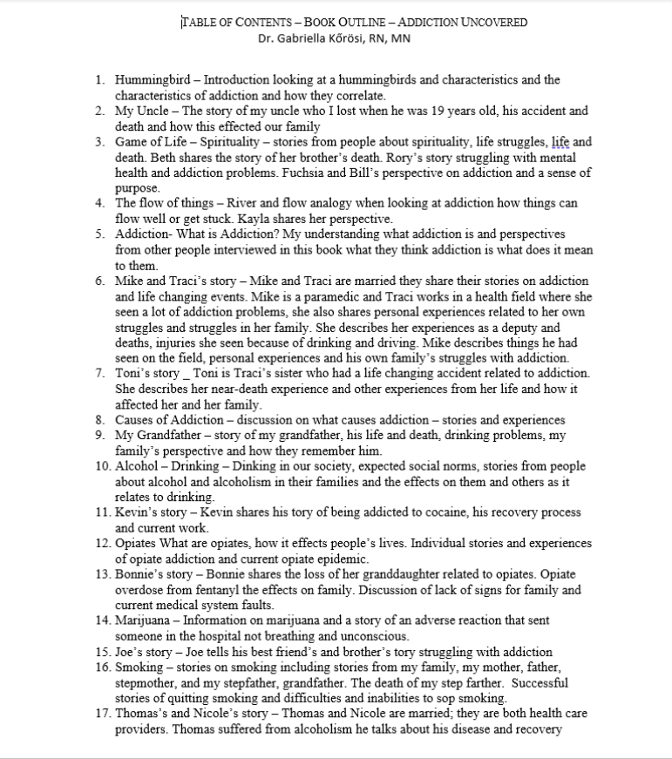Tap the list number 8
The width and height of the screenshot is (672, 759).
click(x=100, y=420)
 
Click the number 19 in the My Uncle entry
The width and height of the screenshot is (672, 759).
click(x=401, y=112)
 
